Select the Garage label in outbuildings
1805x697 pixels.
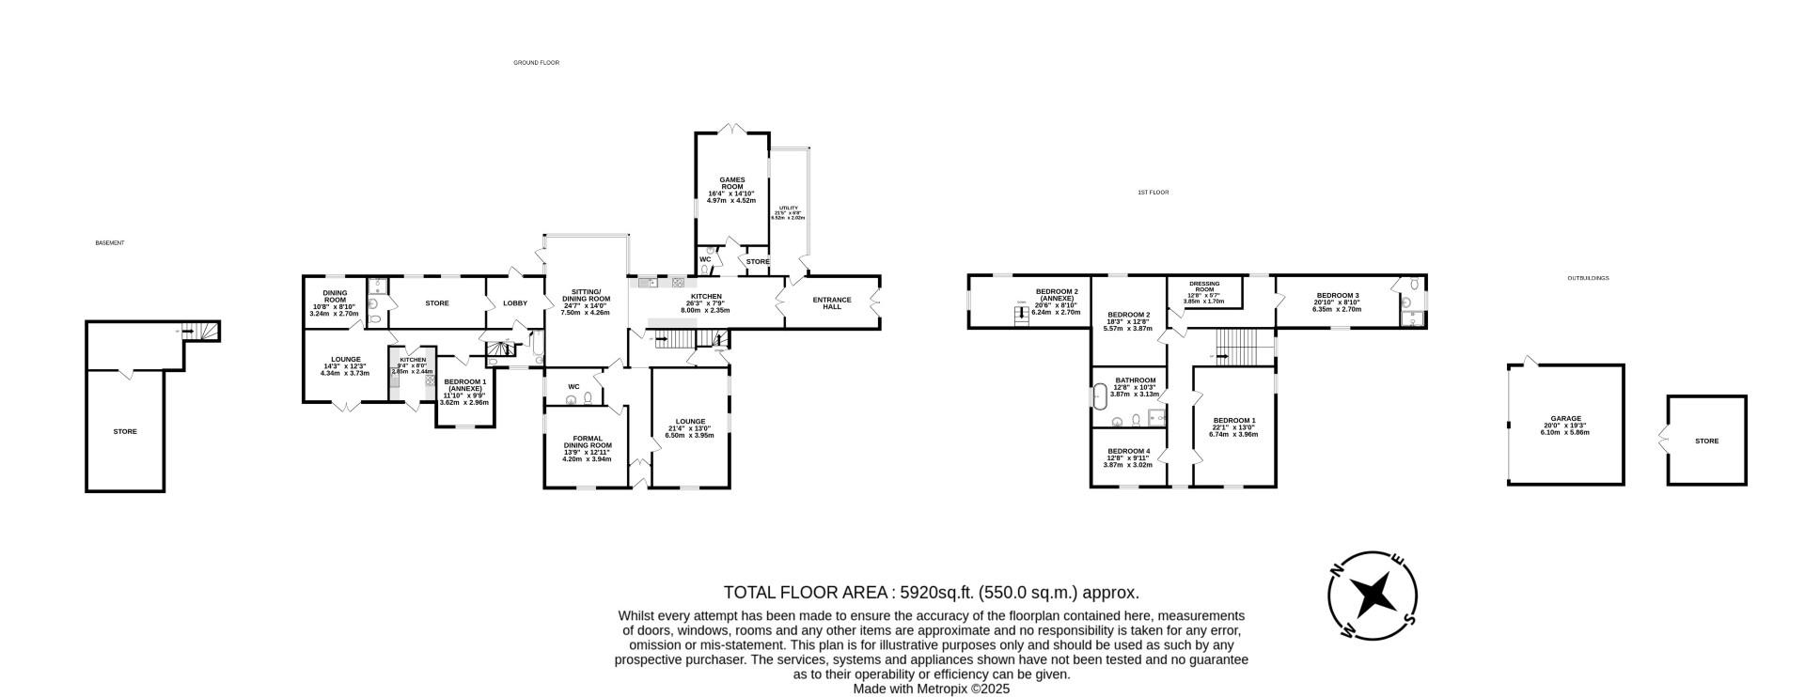(1565, 419)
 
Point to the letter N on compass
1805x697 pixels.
(1336, 569)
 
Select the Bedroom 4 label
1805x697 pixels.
(1128, 451)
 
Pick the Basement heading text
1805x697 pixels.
(110, 243)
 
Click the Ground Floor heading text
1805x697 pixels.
(536, 63)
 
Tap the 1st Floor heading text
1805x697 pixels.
(1153, 193)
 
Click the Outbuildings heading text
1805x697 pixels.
(1588, 279)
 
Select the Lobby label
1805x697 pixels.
(515, 303)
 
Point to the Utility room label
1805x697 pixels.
(787, 208)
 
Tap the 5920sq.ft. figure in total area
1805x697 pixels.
(937, 593)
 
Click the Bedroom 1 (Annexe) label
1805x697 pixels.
(464, 385)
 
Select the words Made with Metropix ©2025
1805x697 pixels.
(931, 689)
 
